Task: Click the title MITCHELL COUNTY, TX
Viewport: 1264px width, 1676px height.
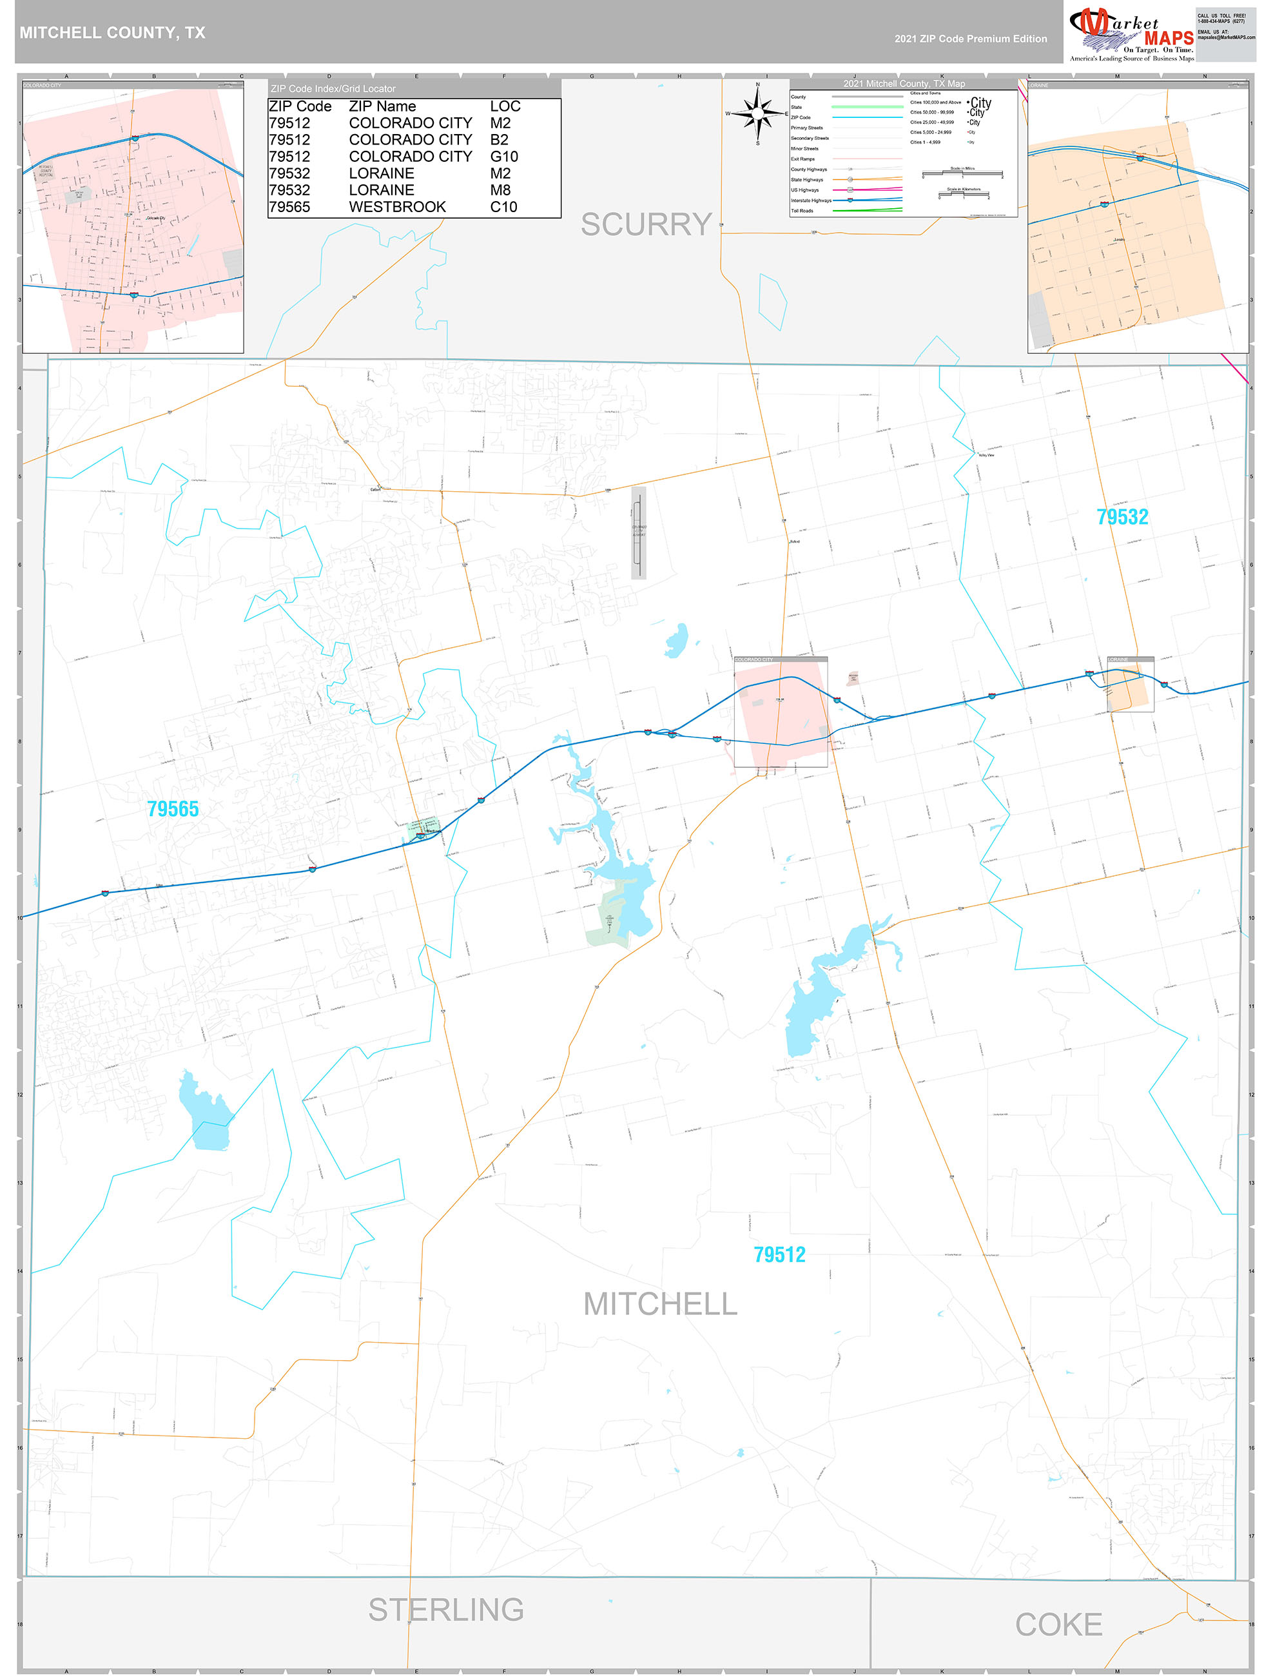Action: point(112,33)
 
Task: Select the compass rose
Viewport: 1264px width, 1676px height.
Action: point(757,113)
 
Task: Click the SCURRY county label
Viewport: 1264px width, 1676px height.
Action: point(646,224)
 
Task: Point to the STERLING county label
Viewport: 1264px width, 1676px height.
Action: point(445,1610)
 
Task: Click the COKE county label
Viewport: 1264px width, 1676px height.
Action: point(1058,1624)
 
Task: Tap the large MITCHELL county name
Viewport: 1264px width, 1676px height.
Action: point(660,1304)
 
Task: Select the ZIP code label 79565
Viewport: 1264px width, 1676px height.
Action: point(173,809)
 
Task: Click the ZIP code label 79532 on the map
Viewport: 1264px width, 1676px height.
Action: point(1122,517)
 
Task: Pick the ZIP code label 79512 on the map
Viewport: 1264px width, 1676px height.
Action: point(779,1254)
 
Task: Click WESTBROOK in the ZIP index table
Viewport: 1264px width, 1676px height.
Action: point(397,207)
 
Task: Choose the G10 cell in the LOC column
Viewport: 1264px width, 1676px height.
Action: point(504,157)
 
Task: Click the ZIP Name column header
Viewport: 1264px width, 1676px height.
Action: point(382,107)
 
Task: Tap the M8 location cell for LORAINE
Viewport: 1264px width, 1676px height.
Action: point(500,190)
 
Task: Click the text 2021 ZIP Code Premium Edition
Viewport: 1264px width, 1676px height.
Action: point(970,39)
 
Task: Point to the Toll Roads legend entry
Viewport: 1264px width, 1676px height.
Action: point(802,211)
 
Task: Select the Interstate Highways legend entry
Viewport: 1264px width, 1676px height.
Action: point(810,200)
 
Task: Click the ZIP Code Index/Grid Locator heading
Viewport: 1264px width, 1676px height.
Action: point(333,89)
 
